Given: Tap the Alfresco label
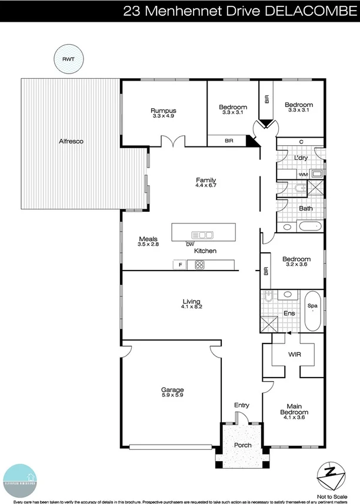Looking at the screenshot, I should coord(71,142).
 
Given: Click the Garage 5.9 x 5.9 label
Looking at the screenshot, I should coord(173,392).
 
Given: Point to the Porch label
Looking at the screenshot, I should coord(242,445).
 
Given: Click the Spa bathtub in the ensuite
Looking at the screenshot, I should coord(312,310).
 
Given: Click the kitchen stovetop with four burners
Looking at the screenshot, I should coord(200,265).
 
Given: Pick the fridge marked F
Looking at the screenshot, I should coord(180,265).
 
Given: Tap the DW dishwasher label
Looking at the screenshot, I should coord(190,244).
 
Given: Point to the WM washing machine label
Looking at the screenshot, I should coord(303,175).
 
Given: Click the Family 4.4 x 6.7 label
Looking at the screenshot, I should coord(206,183).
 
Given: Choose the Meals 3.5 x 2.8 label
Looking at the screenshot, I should coord(148,241).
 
